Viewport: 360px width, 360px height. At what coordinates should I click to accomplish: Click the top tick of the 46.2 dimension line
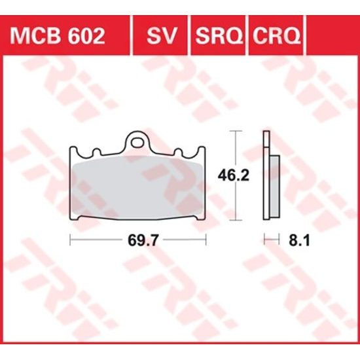click(x=236, y=132)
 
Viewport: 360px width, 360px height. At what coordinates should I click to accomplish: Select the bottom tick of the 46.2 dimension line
click(x=236, y=221)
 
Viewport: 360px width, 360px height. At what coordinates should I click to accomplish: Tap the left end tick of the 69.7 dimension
click(x=70, y=241)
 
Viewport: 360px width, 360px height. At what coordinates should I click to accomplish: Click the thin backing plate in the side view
click(x=266, y=177)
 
